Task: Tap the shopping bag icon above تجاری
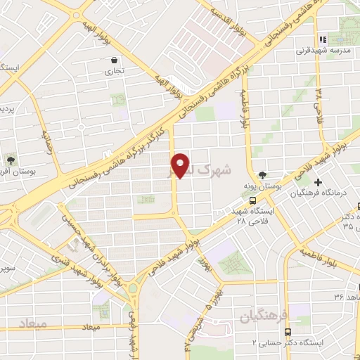tap(115, 60)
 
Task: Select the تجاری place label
tap(114, 71)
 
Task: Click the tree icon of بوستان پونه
tap(263, 174)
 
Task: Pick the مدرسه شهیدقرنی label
tap(317, 51)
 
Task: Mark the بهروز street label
tap(203, 264)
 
